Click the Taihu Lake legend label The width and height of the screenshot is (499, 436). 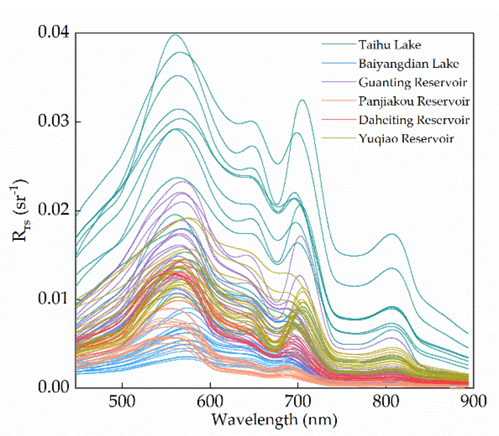[x=389, y=45]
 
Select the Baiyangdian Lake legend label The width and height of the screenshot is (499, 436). [x=408, y=64]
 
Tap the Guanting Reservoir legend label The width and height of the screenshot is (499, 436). [x=413, y=82]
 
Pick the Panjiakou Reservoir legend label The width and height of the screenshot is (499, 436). [x=414, y=101]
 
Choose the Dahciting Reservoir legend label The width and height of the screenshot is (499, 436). [x=414, y=120]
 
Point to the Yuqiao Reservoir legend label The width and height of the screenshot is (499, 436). [x=406, y=139]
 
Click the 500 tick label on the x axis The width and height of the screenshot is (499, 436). [x=122, y=401]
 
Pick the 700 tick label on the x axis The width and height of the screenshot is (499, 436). [x=298, y=401]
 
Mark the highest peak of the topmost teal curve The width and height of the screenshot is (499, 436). [x=176, y=35]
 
